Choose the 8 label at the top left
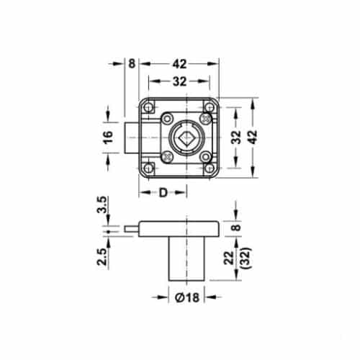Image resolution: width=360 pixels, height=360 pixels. click(132, 63)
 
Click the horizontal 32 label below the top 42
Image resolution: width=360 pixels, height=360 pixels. click(179, 81)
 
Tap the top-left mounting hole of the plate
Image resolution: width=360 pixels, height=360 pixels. click(148, 107)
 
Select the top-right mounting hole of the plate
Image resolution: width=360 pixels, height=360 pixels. click(210, 107)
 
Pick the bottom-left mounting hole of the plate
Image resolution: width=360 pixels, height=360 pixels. click(148, 167)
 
